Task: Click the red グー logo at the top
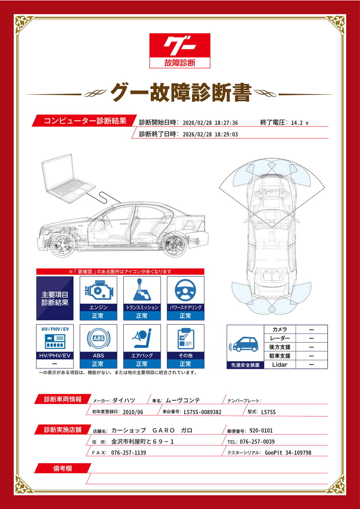click(179, 51)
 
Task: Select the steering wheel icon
click(185, 290)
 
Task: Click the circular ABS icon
click(98, 338)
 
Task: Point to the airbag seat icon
click(142, 338)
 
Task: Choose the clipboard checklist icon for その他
click(186, 338)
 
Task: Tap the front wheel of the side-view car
click(62, 246)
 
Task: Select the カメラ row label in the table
click(280, 329)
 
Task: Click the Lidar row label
click(280, 365)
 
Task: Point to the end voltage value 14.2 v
click(300, 123)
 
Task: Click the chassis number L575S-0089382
click(202, 412)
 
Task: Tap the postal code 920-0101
click(261, 430)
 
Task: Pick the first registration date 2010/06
click(133, 412)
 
